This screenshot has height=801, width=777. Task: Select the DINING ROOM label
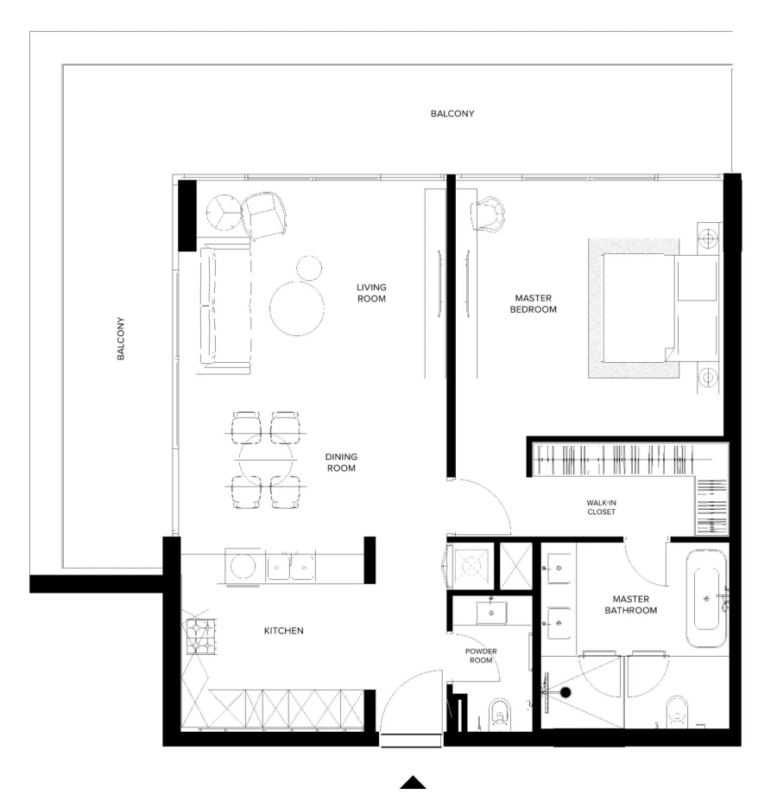click(341, 462)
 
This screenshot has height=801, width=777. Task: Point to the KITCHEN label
click(283, 631)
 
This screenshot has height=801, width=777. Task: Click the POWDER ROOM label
click(481, 655)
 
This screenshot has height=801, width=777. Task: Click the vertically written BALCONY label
click(122, 338)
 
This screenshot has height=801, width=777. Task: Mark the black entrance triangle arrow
click(414, 782)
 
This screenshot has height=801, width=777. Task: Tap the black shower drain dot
click(565, 692)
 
